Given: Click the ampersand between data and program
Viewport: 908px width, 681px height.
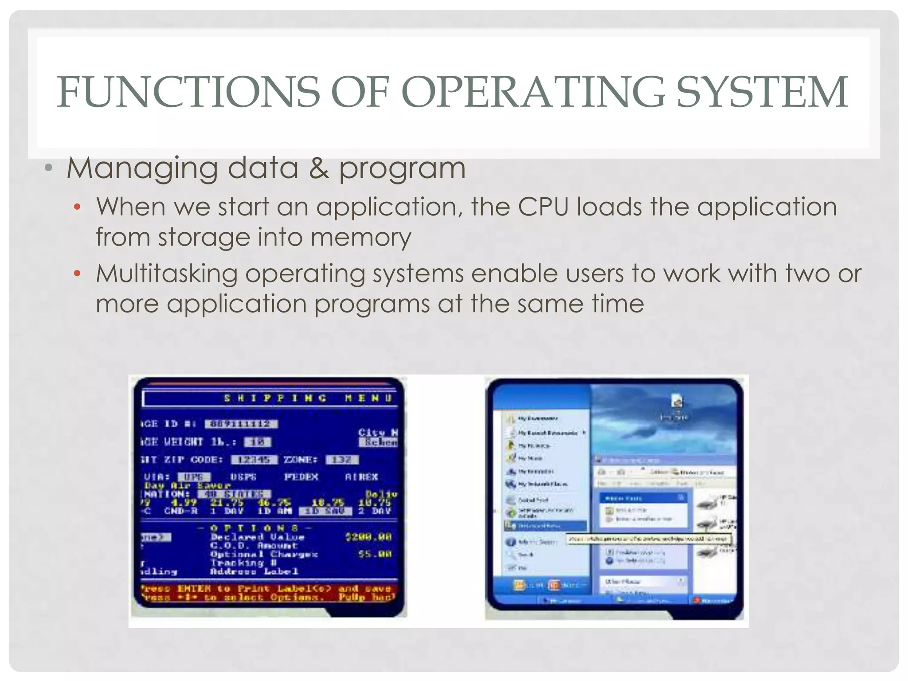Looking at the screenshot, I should (x=319, y=168).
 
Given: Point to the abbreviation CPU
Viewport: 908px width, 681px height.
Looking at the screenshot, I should (x=543, y=207).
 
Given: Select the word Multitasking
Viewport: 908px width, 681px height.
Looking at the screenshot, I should (x=167, y=274).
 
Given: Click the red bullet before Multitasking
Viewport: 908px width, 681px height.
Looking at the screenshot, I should (x=77, y=274).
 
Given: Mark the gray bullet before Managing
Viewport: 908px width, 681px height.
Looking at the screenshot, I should (x=49, y=168).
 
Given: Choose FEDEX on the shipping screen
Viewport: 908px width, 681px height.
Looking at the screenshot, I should (x=301, y=477).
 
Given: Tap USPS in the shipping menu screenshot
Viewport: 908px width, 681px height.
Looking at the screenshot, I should (x=243, y=477).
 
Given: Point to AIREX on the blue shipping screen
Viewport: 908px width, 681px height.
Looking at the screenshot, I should (x=361, y=477).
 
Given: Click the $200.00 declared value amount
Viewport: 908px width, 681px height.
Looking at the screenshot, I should (x=368, y=537).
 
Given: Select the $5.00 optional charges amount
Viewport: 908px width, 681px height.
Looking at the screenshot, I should (x=374, y=554).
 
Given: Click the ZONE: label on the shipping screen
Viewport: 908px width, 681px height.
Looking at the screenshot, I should (x=301, y=459).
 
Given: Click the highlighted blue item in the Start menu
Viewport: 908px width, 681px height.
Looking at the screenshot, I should (x=545, y=526).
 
